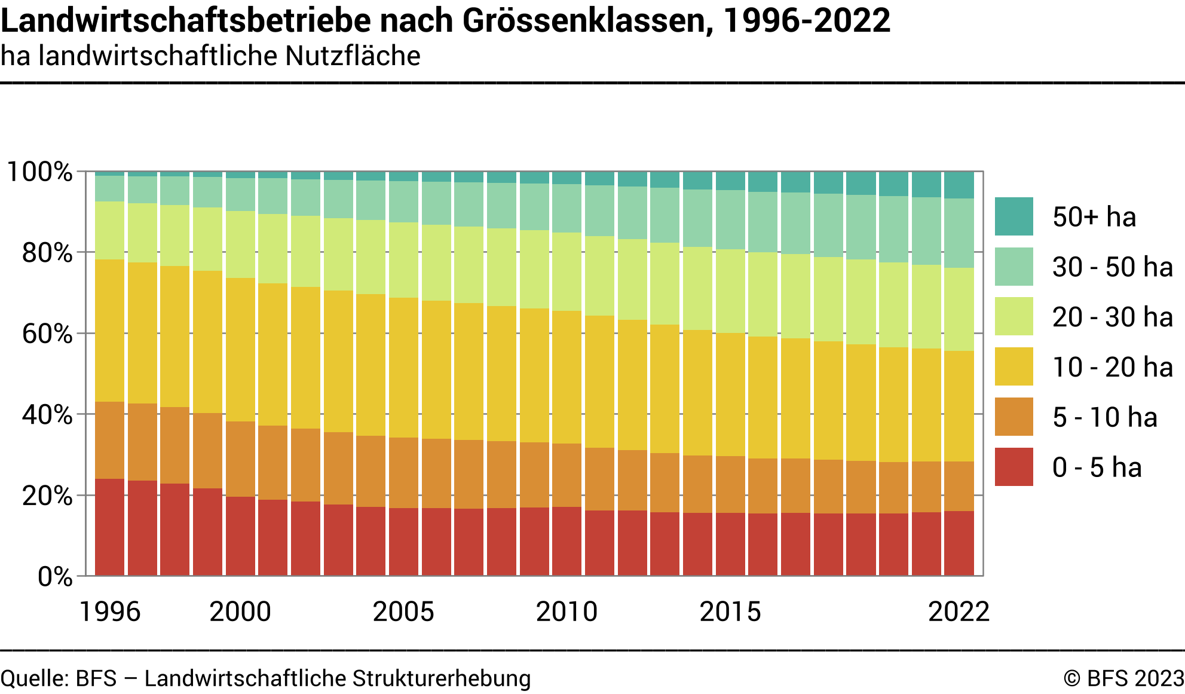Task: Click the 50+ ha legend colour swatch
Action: [1013, 216]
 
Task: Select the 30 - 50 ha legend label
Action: [1112, 267]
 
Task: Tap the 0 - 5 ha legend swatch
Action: [1013, 467]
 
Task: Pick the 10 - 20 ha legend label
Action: [1112, 367]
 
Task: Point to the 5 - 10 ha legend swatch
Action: [1013, 417]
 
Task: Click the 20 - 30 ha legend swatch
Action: [1013, 317]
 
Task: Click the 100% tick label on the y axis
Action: [39, 172]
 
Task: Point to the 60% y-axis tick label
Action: [47, 334]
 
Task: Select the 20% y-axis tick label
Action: [47, 496]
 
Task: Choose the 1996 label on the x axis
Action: [109, 612]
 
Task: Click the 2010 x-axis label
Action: [567, 612]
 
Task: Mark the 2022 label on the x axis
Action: [959, 612]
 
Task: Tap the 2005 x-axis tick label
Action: [403, 612]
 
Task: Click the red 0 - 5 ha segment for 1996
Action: [110, 527]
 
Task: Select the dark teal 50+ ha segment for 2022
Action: [959, 185]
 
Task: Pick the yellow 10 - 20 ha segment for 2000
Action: [240, 350]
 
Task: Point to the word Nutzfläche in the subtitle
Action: [353, 56]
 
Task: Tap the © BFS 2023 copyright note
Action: [1123, 678]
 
